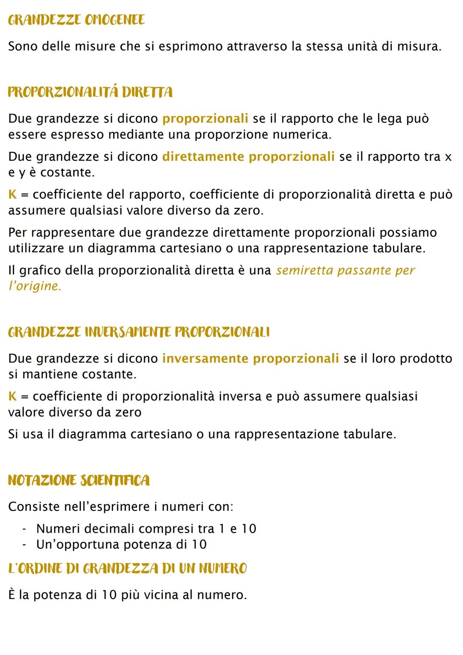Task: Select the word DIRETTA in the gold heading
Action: pos(147,92)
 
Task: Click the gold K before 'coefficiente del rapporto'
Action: pos(12,195)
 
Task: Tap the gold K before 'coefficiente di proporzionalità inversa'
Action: pos(12,396)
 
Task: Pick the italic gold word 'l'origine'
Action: pos(34,286)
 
